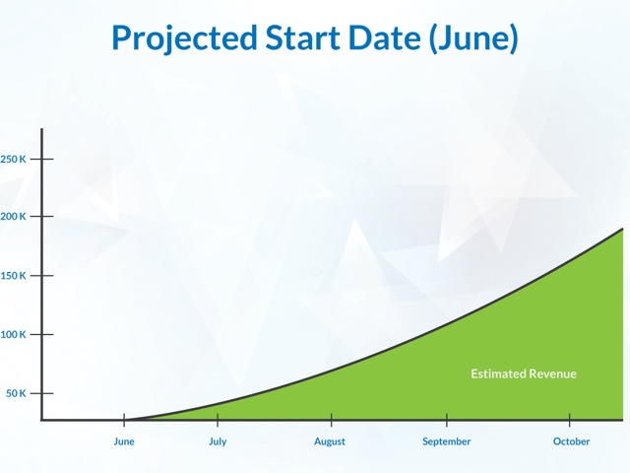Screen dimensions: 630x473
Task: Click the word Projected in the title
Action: pyautogui.click(x=184, y=38)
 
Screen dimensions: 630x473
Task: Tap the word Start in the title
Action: pyautogui.click(x=302, y=37)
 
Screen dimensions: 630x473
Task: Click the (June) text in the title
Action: pyautogui.click(x=473, y=38)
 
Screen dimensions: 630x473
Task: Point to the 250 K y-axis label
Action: pyautogui.click(x=13, y=160)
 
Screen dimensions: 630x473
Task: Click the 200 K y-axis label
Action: pyautogui.click(x=13, y=217)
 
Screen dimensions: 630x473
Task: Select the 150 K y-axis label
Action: pyautogui.click(x=13, y=276)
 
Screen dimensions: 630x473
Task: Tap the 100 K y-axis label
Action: pyautogui.click(x=13, y=334)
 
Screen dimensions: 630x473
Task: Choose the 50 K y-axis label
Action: pyautogui.click(x=16, y=393)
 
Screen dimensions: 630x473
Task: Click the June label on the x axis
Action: pyautogui.click(x=124, y=441)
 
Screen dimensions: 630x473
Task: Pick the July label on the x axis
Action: pyautogui.click(x=218, y=442)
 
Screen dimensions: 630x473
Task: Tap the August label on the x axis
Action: pyautogui.click(x=330, y=442)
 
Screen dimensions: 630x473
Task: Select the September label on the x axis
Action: pyautogui.click(x=446, y=442)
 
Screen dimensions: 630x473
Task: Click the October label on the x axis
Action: pyautogui.click(x=571, y=441)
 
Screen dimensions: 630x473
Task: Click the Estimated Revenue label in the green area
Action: pyautogui.click(x=524, y=374)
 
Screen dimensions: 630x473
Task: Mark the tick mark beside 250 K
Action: pyautogui.click(x=41, y=160)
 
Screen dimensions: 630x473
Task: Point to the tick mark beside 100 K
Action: pyautogui.click(x=41, y=334)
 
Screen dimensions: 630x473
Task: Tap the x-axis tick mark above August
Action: pyautogui.click(x=332, y=420)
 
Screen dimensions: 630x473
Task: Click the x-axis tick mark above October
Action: pyautogui.click(x=569, y=420)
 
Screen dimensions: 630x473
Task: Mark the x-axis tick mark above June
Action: pyautogui.click(x=124, y=420)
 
